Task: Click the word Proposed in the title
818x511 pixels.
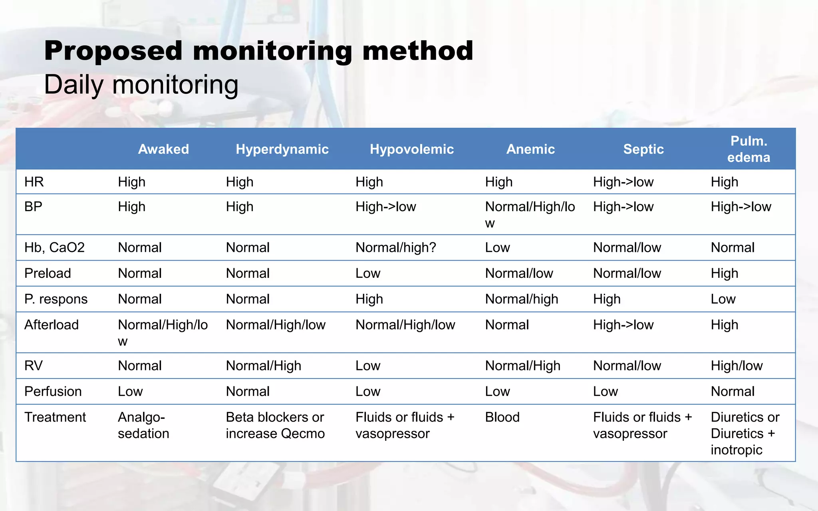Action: (x=113, y=51)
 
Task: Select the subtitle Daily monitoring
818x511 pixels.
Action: (x=141, y=85)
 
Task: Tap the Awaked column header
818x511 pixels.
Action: (x=163, y=149)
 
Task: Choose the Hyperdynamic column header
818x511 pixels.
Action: (x=282, y=149)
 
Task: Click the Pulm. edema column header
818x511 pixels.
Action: (x=748, y=149)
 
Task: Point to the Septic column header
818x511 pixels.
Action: (x=643, y=149)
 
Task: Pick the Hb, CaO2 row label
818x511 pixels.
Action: (x=54, y=248)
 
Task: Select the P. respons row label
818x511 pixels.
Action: (x=56, y=299)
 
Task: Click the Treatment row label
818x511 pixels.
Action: (x=55, y=417)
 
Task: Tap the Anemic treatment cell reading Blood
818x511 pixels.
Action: (x=502, y=417)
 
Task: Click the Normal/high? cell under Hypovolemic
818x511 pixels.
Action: (x=395, y=248)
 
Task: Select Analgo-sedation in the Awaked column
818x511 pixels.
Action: (x=143, y=425)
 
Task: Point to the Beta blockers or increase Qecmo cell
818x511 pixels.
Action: (x=275, y=425)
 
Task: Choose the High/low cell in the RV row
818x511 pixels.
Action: (x=737, y=366)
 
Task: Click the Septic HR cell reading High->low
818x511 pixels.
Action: (x=623, y=182)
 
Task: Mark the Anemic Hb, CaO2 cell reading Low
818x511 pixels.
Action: (x=497, y=248)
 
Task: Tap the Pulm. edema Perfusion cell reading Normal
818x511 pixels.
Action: (x=733, y=392)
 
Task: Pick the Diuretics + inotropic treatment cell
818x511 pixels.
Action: (x=745, y=434)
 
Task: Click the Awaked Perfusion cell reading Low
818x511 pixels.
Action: (x=130, y=392)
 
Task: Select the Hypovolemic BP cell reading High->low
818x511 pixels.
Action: (x=385, y=207)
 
